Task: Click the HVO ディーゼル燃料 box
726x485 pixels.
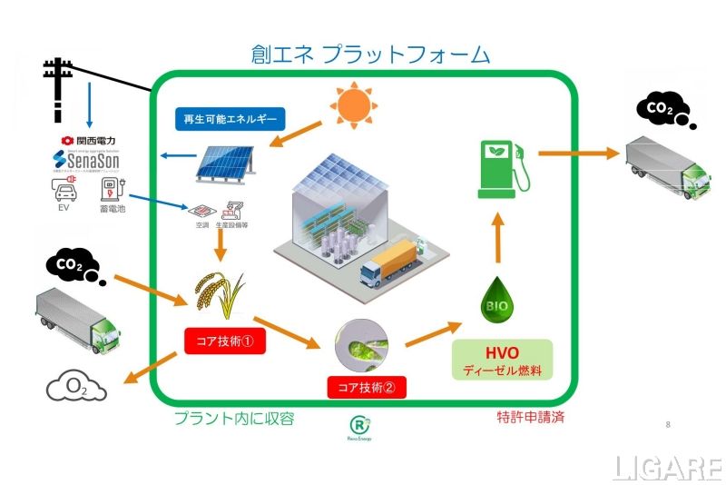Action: click(x=502, y=360)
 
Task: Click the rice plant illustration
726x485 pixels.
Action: click(x=218, y=291)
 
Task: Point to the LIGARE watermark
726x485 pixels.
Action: click(x=666, y=468)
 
